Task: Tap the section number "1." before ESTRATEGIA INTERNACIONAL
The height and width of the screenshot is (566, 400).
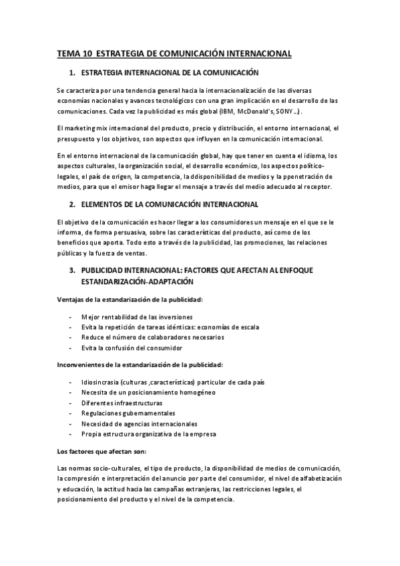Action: coord(72,71)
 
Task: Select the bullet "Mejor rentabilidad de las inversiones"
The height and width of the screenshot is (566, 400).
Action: coord(137,316)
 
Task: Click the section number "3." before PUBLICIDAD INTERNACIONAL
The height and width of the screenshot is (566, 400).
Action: coord(72,270)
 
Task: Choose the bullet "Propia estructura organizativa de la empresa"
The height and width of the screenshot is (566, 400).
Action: coord(149,434)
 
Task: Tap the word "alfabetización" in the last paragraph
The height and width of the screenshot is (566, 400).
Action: coord(315,479)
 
